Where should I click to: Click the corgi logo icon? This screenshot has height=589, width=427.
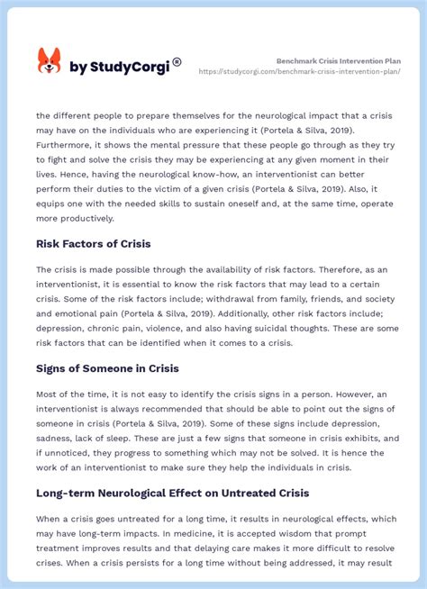[49, 60]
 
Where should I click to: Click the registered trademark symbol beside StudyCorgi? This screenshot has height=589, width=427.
[177, 62]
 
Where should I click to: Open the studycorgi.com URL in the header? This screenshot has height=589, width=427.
[312, 72]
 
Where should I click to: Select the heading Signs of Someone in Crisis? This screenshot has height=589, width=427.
[107, 367]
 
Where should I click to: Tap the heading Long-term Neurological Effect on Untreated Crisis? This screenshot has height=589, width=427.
[172, 493]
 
